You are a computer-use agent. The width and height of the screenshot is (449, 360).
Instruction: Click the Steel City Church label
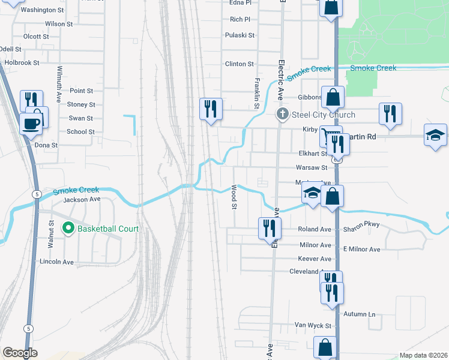tap(323, 115)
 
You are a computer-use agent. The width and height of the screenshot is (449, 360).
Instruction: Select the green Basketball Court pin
tap(68, 229)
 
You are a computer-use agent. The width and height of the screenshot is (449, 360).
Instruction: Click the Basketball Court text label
tap(108, 229)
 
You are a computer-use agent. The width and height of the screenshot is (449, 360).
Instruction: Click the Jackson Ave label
tap(82, 199)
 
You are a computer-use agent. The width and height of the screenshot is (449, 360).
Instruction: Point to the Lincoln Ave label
tap(56, 262)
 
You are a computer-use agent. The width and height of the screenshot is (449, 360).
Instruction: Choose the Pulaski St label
tap(240, 35)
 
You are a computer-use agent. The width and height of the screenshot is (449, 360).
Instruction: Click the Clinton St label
tap(239, 64)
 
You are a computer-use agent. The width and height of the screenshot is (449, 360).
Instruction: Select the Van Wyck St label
tap(313, 326)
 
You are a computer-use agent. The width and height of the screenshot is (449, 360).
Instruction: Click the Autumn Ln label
tap(360, 314)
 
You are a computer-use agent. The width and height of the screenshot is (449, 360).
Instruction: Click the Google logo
tap(20, 353)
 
